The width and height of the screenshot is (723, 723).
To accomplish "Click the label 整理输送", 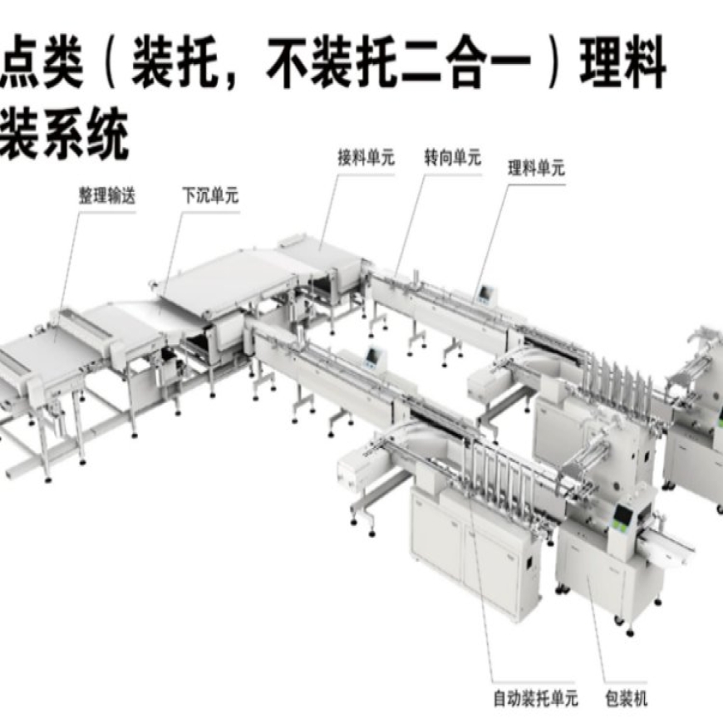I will tap(106, 197).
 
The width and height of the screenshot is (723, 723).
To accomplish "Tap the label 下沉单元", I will tap(210, 197).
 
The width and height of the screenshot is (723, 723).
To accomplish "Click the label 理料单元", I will tap(536, 168).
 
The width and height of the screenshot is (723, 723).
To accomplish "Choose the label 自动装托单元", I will tap(536, 698).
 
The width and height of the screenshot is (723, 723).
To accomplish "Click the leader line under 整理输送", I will tap(66, 266).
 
